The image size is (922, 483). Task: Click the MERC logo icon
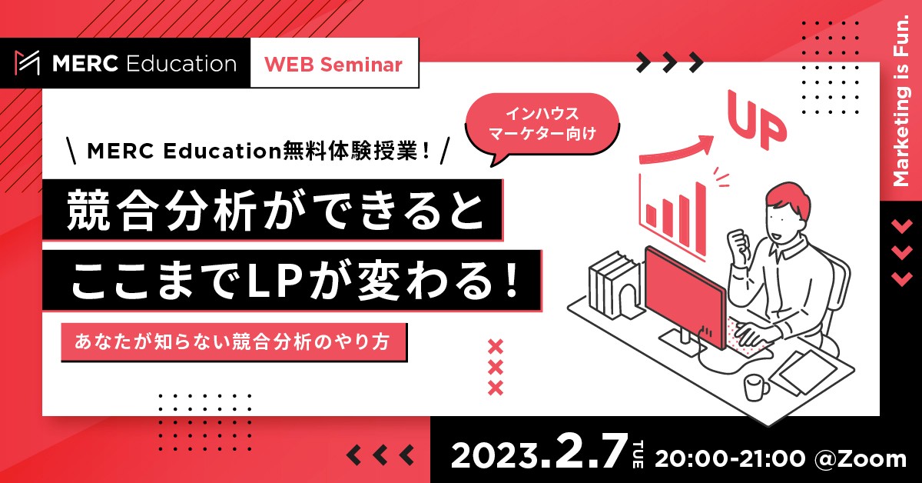click(x=27, y=63)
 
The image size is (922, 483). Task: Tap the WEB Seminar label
click(x=333, y=65)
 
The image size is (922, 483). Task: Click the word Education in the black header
click(x=181, y=64)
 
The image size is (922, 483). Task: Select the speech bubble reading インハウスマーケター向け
click(x=542, y=125)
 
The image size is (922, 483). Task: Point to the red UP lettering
click(x=756, y=118)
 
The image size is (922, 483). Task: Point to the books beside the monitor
click(x=613, y=285)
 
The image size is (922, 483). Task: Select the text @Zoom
click(x=861, y=458)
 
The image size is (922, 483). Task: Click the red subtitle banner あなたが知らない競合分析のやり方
click(x=234, y=342)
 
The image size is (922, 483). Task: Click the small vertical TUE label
click(x=637, y=454)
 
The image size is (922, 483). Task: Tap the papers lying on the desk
click(x=804, y=373)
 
